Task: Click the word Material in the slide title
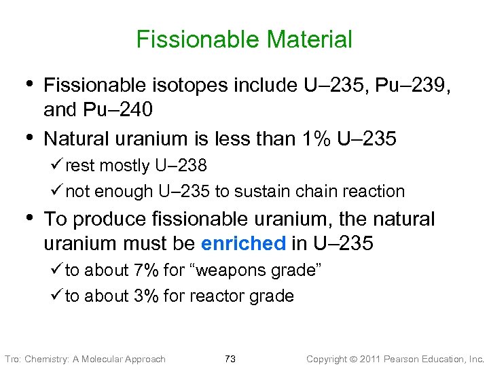click(x=310, y=39)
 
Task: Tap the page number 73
click(x=230, y=359)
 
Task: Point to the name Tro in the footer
click(x=13, y=359)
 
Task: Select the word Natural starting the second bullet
click(x=74, y=139)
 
